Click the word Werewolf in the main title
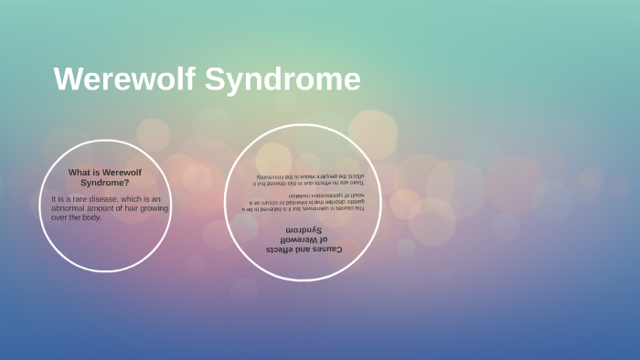(123, 79)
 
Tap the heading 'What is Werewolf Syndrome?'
(105, 177)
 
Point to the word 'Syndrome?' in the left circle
(105, 183)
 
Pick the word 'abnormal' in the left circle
(71, 208)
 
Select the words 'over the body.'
(77, 217)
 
